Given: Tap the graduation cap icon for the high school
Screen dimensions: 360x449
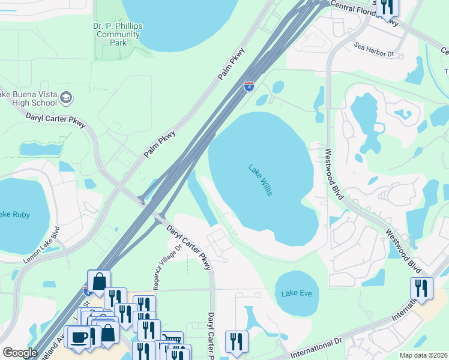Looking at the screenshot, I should tap(67, 98).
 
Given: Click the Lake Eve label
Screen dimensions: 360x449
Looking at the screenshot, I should tap(297, 293).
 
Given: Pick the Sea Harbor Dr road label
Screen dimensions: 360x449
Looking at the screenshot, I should tap(373, 54).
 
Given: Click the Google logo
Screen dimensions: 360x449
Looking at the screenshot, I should tap(20, 352).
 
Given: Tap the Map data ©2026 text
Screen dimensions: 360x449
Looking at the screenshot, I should tap(423, 355).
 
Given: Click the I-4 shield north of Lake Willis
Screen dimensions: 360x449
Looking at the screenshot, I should tap(249, 87).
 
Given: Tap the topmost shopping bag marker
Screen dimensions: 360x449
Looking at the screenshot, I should tap(98, 281).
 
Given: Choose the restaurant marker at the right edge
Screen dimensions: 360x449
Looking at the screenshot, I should tap(421, 288).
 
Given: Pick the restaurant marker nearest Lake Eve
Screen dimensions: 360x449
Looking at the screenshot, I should tap(236, 341).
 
